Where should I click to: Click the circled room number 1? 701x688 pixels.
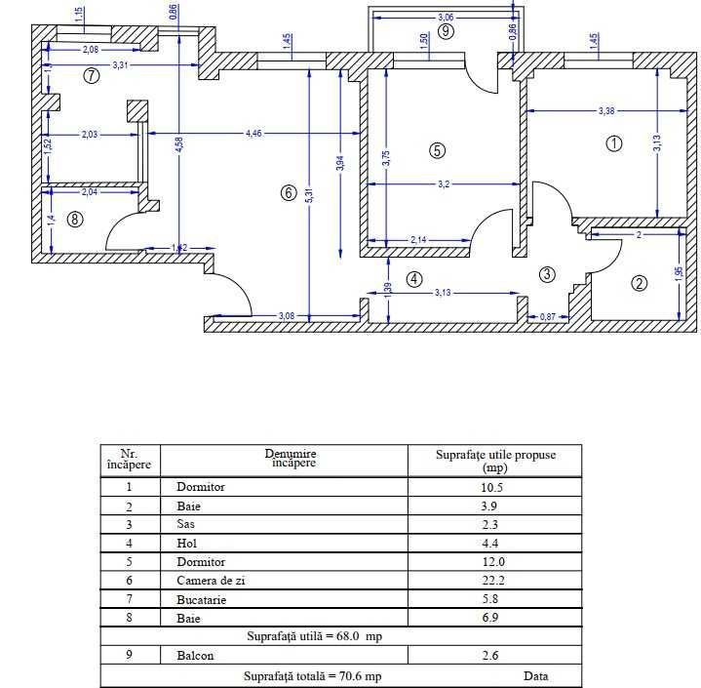click(613, 143)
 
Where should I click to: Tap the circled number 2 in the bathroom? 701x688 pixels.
click(640, 284)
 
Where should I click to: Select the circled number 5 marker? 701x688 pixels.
click(437, 149)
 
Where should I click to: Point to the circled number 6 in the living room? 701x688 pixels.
click(288, 193)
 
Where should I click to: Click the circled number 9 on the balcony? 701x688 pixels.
click(447, 30)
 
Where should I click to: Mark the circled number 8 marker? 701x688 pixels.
click(76, 220)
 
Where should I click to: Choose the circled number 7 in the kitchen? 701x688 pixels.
click(92, 76)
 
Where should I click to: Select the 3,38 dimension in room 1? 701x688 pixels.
click(606, 111)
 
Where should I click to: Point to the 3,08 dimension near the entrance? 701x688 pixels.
click(287, 315)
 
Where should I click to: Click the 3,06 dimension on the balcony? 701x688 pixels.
click(446, 17)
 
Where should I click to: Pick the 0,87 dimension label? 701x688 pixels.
click(548, 316)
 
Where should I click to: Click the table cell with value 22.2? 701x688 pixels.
click(492, 580)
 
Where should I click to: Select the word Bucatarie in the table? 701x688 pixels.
click(201, 599)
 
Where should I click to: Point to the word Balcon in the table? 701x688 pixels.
click(195, 656)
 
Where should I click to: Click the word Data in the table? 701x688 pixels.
click(535, 675)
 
